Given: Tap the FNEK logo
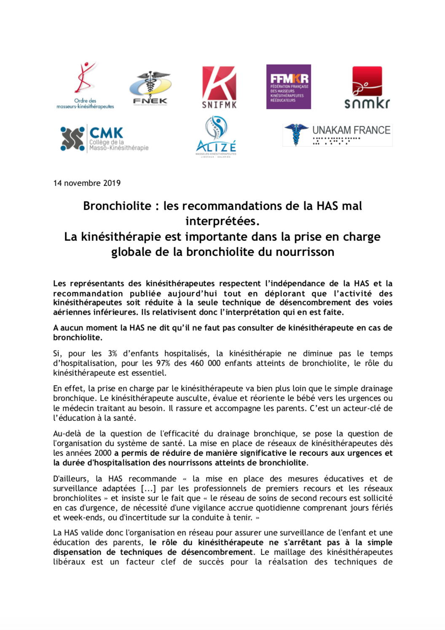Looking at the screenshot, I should coord(150,88).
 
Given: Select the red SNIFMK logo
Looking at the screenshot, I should coord(219,87).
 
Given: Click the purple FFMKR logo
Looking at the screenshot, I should coord(289,87).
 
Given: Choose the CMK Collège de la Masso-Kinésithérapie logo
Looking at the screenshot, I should coord(105,139).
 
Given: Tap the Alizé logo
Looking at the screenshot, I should coord(216,136).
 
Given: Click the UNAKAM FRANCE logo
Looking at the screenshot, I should coord(337,135).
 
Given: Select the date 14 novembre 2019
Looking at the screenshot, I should coord(87,183).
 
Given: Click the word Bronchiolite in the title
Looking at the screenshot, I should coord(117,206).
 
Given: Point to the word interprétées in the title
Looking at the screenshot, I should coord(222,221).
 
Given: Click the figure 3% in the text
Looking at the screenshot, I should coord(113,353).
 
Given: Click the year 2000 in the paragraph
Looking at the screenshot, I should coord(103,453).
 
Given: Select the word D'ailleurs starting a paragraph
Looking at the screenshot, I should coord(71,479).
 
